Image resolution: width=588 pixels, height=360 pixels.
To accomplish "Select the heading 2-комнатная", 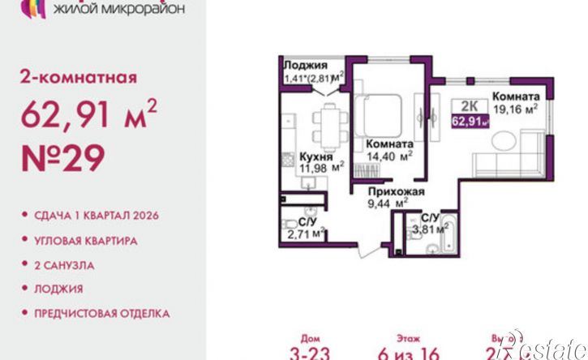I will [78, 79].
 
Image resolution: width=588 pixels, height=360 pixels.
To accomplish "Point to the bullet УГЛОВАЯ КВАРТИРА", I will [86, 241].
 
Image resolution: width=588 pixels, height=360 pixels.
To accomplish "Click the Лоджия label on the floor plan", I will [306, 66].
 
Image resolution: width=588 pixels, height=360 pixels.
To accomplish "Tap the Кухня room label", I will [314, 156].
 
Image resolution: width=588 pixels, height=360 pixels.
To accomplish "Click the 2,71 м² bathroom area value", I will [306, 234].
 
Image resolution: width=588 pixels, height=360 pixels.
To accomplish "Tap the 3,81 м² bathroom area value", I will [431, 229].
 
